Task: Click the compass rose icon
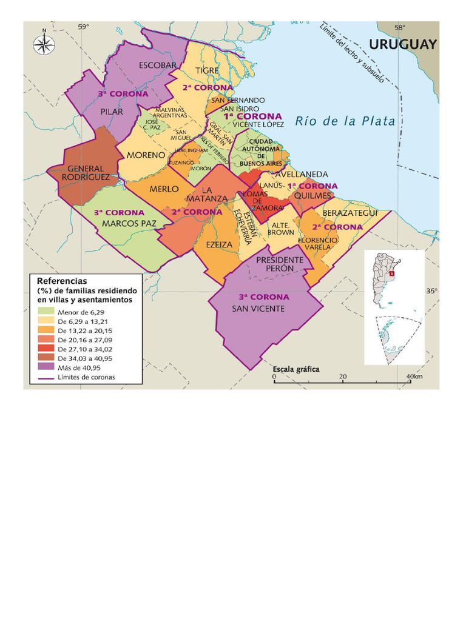(x=43, y=44)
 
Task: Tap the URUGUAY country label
(x=402, y=44)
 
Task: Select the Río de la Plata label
(x=345, y=121)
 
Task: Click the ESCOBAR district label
(x=158, y=65)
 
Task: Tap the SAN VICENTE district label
(x=258, y=309)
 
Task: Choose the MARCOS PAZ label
(x=129, y=223)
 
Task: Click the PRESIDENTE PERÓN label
(x=279, y=264)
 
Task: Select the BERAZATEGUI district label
(x=350, y=213)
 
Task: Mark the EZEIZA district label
(x=219, y=244)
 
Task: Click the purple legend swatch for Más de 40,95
(x=46, y=368)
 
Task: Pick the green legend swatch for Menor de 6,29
(x=46, y=312)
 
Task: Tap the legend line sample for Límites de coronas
(x=46, y=377)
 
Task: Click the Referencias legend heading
(x=62, y=281)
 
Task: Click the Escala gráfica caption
(x=295, y=369)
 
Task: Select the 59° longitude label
(x=83, y=26)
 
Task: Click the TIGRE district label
(x=207, y=70)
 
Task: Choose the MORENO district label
(x=146, y=155)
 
